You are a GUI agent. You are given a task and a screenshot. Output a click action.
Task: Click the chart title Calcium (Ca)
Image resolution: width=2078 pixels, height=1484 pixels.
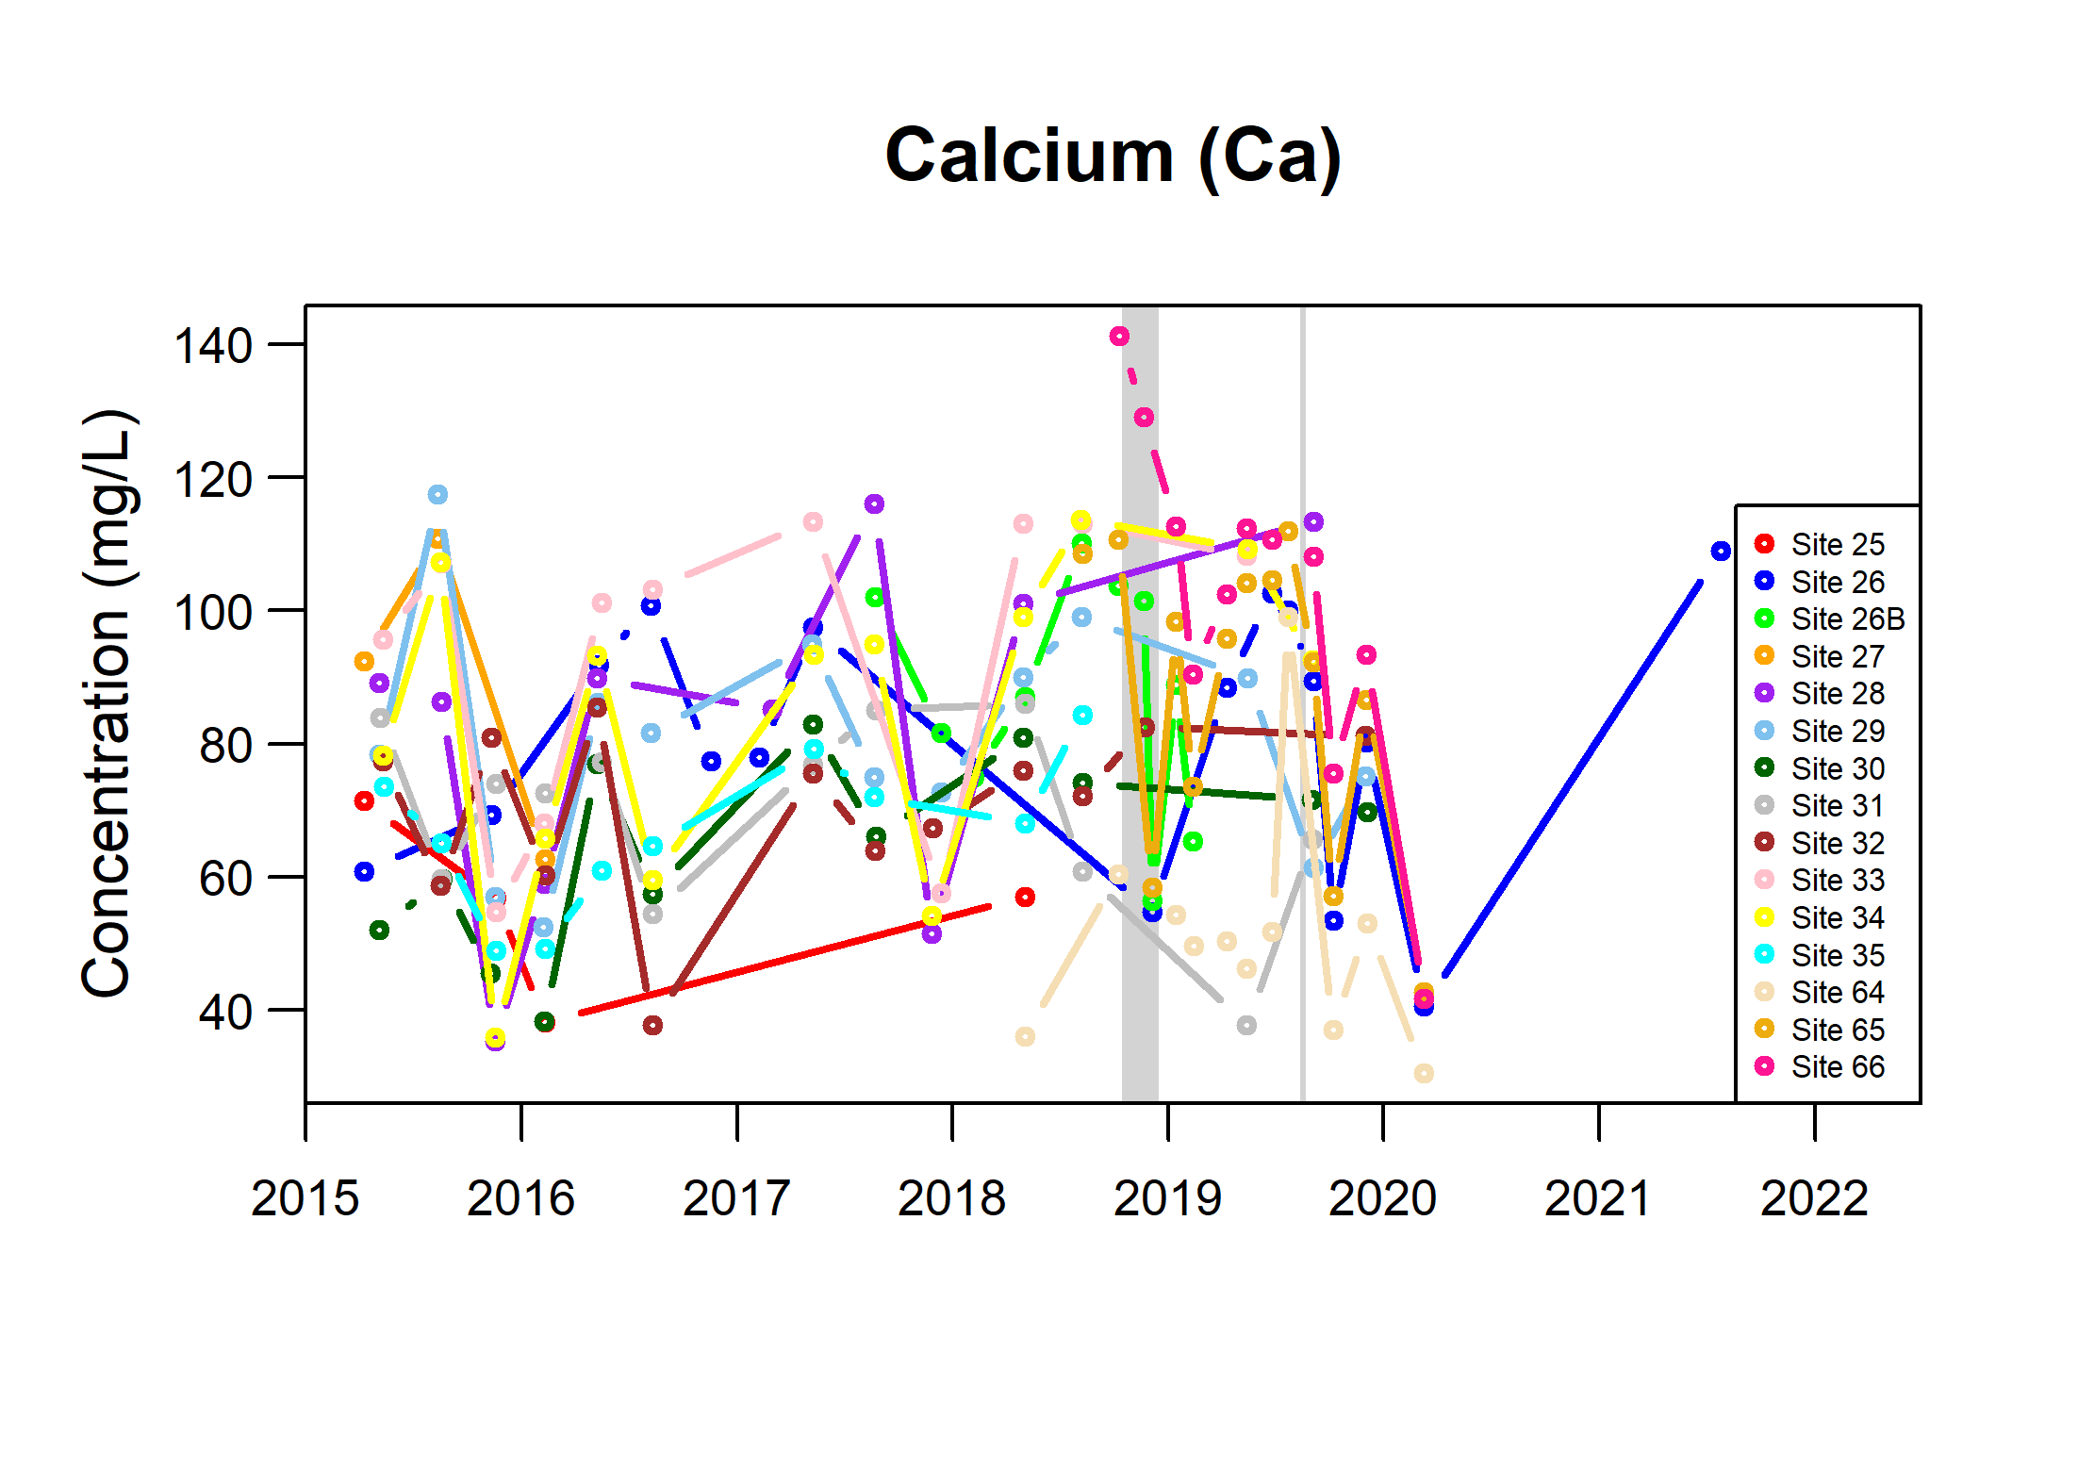point(1113,157)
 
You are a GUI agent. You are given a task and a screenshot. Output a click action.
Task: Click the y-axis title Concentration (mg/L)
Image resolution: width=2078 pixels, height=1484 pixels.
point(107,703)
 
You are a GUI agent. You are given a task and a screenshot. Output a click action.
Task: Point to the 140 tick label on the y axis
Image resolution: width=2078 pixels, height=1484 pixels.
point(213,346)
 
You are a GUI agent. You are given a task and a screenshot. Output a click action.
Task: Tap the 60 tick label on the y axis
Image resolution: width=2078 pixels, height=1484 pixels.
point(225,879)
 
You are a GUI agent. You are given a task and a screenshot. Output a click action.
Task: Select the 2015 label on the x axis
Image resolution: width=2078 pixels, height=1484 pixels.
point(305,1199)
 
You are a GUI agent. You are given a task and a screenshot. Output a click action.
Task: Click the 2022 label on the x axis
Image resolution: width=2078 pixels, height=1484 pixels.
point(1814,1199)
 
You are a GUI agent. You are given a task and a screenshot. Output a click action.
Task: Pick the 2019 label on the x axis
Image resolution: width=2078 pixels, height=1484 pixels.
point(1167,1199)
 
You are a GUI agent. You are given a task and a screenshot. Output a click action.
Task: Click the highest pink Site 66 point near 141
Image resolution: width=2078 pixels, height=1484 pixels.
point(1119,337)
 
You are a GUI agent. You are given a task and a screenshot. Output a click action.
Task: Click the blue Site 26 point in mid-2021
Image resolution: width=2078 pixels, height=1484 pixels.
point(1721,551)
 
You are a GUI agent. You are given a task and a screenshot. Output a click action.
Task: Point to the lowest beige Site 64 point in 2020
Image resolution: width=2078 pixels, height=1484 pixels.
point(1424,1073)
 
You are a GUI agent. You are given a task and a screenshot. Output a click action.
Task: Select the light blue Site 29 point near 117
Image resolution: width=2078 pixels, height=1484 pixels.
point(437,494)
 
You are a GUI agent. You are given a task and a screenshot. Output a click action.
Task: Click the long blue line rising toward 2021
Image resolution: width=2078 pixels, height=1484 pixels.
point(1575,778)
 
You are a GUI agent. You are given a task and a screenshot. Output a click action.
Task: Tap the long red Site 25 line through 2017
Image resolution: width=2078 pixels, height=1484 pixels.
point(783,960)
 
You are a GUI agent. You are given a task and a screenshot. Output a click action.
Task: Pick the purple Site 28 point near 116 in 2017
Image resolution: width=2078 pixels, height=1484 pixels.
point(874,504)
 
